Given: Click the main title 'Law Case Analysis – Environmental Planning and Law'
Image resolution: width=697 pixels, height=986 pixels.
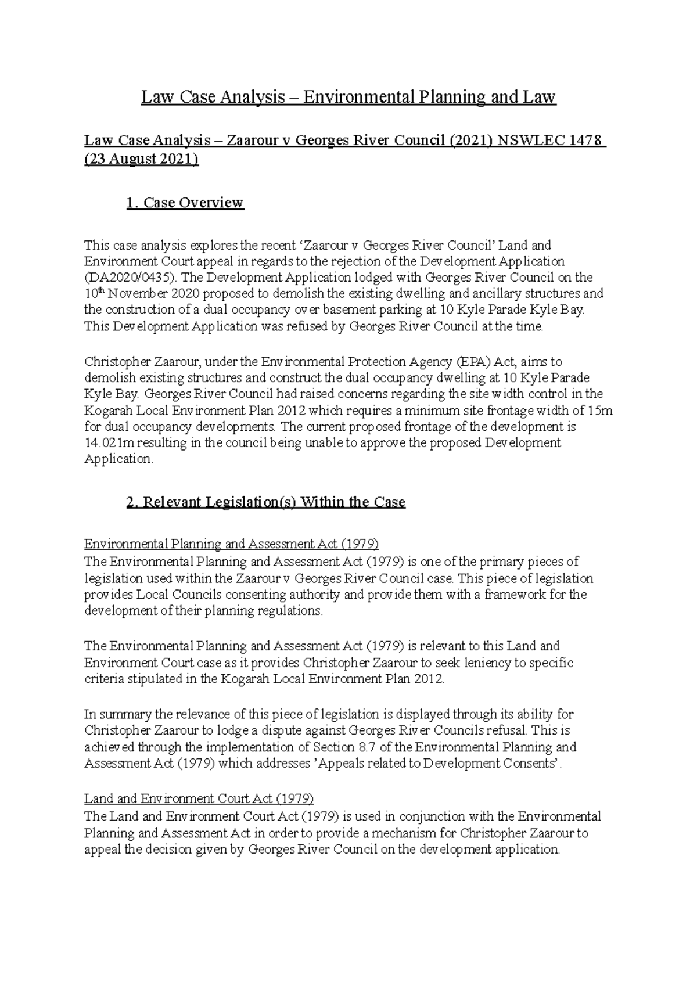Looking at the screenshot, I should tap(348, 96).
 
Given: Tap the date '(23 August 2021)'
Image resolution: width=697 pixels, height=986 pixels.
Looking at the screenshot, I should tap(141, 160).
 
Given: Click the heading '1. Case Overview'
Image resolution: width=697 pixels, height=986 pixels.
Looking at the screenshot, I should tap(185, 203).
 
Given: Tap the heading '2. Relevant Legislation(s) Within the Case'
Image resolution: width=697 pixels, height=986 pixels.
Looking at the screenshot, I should tap(265, 502).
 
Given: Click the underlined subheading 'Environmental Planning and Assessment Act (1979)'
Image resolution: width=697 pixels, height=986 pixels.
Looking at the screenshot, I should tap(231, 544).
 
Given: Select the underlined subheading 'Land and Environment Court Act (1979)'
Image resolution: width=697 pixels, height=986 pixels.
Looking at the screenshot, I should tap(199, 798).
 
